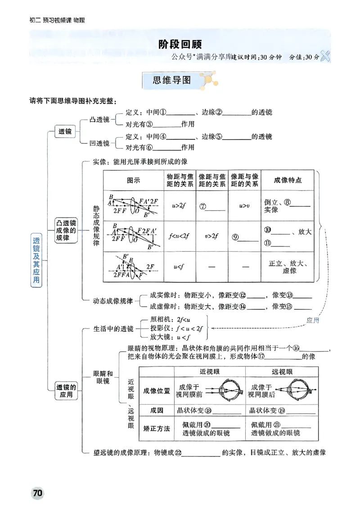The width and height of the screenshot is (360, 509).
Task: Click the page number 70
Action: point(37,493)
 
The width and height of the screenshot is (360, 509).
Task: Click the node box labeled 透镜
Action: point(65,132)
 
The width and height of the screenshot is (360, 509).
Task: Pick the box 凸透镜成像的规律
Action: point(66,230)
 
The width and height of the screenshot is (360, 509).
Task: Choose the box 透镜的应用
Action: point(66,390)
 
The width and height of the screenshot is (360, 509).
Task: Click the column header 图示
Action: point(134,180)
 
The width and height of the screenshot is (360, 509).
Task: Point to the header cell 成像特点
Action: point(288,180)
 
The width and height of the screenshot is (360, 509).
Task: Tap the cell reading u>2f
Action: point(179,205)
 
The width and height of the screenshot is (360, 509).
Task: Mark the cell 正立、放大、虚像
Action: point(288,267)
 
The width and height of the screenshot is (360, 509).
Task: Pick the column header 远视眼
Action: point(282,372)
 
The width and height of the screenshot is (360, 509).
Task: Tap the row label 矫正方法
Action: point(156,429)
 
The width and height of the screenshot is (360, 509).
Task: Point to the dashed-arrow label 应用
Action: point(312,320)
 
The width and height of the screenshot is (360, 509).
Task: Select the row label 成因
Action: point(156,410)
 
